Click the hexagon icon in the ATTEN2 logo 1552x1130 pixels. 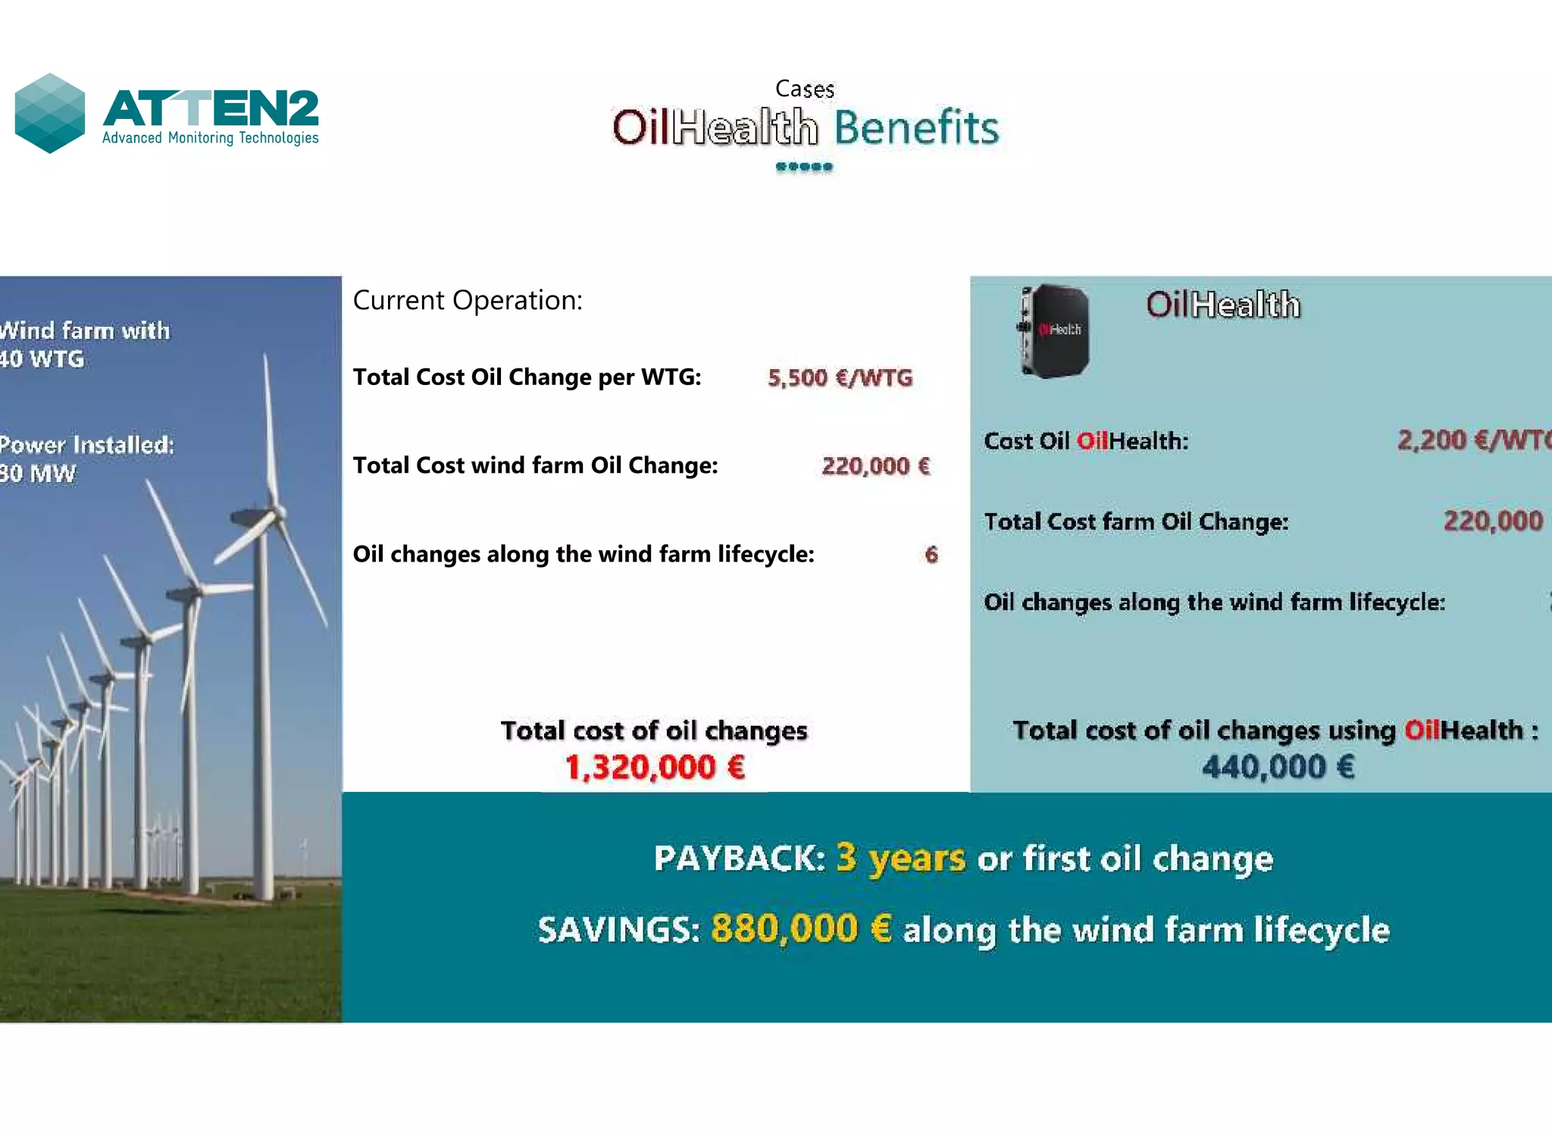pos(50,113)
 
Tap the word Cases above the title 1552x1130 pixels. pos(805,89)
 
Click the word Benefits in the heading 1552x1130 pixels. pos(916,127)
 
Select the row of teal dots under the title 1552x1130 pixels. pos(804,167)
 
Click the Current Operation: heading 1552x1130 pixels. pos(468,300)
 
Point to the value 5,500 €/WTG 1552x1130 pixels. pos(840,377)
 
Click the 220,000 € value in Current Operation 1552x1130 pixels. pos(875,465)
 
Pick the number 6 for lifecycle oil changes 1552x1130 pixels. pos(931,555)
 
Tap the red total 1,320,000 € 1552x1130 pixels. pos(656,767)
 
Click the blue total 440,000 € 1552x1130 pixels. pos(1278,767)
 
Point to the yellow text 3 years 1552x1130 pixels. pos(900,858)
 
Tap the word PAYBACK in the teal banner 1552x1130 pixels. pos(739,859)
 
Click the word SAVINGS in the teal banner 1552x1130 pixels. pos(618,930)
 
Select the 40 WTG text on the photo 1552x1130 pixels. pos(42,358)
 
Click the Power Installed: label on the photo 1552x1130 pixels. pos(86,445)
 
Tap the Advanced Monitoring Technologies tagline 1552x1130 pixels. pos(210,138)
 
